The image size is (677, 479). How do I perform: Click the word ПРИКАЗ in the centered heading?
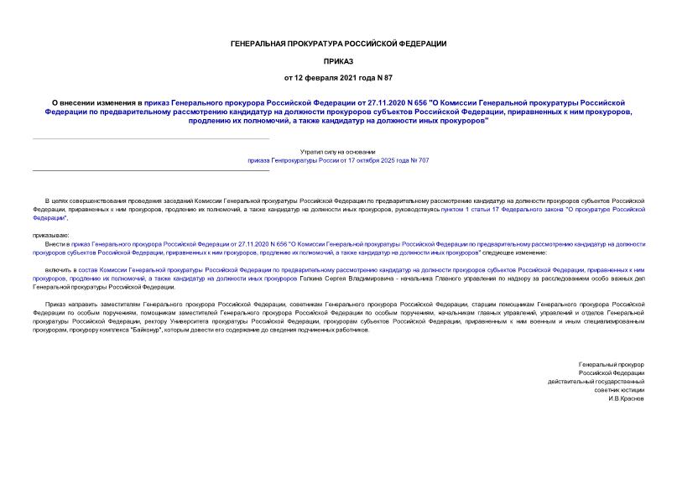[338, 61]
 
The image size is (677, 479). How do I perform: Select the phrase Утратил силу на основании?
[338, 150]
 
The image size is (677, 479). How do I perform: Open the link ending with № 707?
[338, 159]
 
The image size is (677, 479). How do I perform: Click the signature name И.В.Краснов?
[626, 398]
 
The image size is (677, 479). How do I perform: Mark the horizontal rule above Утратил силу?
[151, 139]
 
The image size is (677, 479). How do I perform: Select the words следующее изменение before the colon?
[519, 252]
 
